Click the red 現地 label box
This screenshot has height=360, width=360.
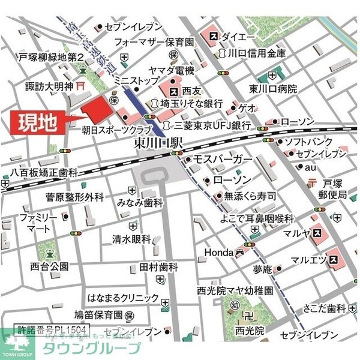[x=38, y=122]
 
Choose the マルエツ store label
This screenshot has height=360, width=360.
[x=308, y=260]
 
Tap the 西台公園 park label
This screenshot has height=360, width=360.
[x=43, y=266]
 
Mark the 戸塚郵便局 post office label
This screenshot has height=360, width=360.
[x=334, y=190]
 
